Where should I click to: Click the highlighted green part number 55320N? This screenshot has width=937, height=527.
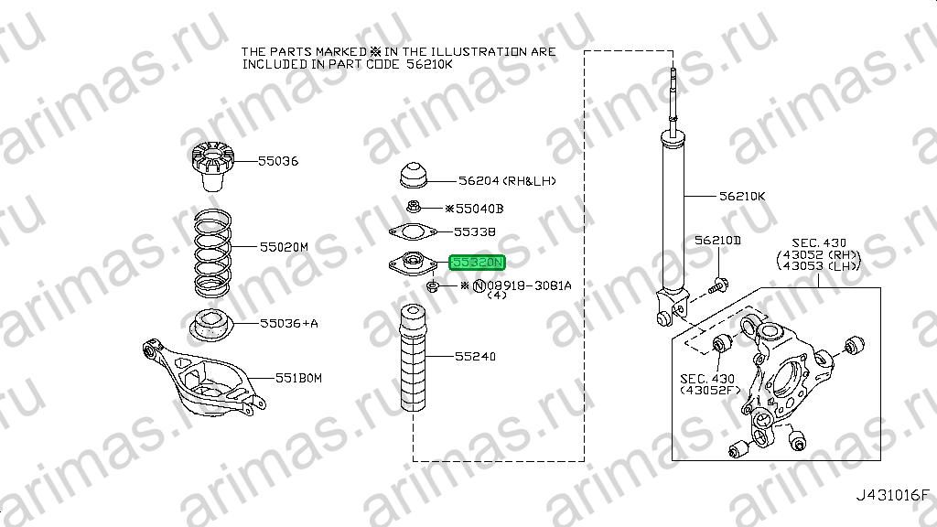click(478, 263)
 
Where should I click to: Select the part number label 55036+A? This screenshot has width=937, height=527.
click(288, 323)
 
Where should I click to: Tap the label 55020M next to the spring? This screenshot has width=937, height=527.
click(284, 247)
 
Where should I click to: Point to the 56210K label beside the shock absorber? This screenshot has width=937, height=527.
click(742, 196)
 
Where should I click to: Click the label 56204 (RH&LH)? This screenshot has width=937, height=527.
click(507, 180)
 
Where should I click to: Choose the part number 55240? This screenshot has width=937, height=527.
click(475, 356)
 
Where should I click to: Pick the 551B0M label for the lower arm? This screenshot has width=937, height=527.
click(298, 378)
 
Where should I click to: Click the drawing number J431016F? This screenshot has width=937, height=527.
click(893, 495)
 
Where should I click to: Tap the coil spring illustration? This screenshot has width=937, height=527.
click(212, 253)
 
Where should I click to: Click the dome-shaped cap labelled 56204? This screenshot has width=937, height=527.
click(413, 175)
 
